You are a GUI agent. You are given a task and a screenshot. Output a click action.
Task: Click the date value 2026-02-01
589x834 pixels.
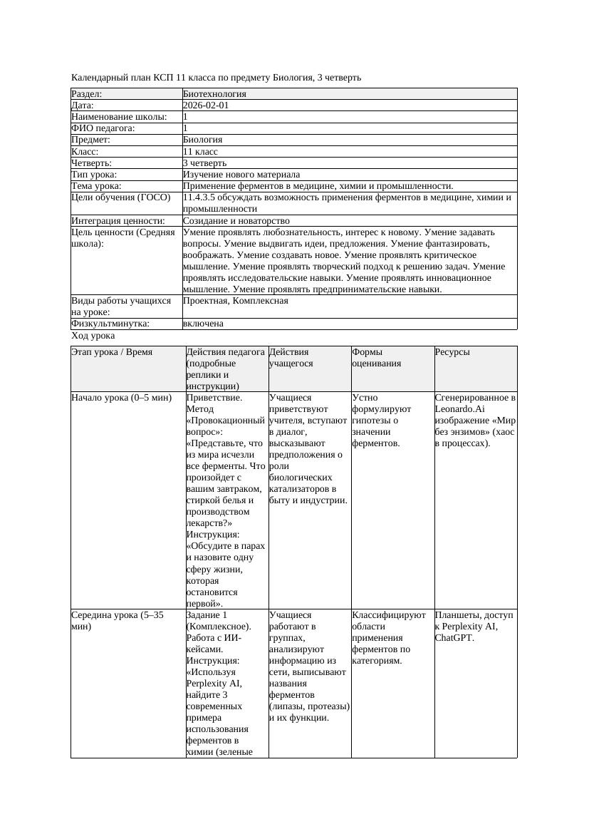pos(206,105)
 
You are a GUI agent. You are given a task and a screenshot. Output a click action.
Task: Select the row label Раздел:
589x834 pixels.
pos(87,94)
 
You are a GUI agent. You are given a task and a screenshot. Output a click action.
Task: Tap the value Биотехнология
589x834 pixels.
pos(214,94)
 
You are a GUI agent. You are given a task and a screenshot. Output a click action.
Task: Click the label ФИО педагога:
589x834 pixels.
pos(103,128)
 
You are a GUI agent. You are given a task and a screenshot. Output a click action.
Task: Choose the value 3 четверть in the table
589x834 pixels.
pos(204,163)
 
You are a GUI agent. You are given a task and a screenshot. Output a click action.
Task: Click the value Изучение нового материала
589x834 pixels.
pos(241,175)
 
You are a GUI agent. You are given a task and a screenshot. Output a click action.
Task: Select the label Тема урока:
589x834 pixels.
pos(97,186)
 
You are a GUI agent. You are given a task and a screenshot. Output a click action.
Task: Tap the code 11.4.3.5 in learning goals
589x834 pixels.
pos(201,197)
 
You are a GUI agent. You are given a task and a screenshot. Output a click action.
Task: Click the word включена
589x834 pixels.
pos(203,324)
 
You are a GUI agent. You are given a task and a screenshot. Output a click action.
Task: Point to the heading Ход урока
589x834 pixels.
pos(93,336)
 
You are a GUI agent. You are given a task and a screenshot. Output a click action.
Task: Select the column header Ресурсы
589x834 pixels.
pos(452,352)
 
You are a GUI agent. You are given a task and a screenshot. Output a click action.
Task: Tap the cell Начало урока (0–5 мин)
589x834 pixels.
pos(122,398)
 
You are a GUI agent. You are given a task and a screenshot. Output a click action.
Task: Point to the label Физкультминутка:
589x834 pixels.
pos(110,324)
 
